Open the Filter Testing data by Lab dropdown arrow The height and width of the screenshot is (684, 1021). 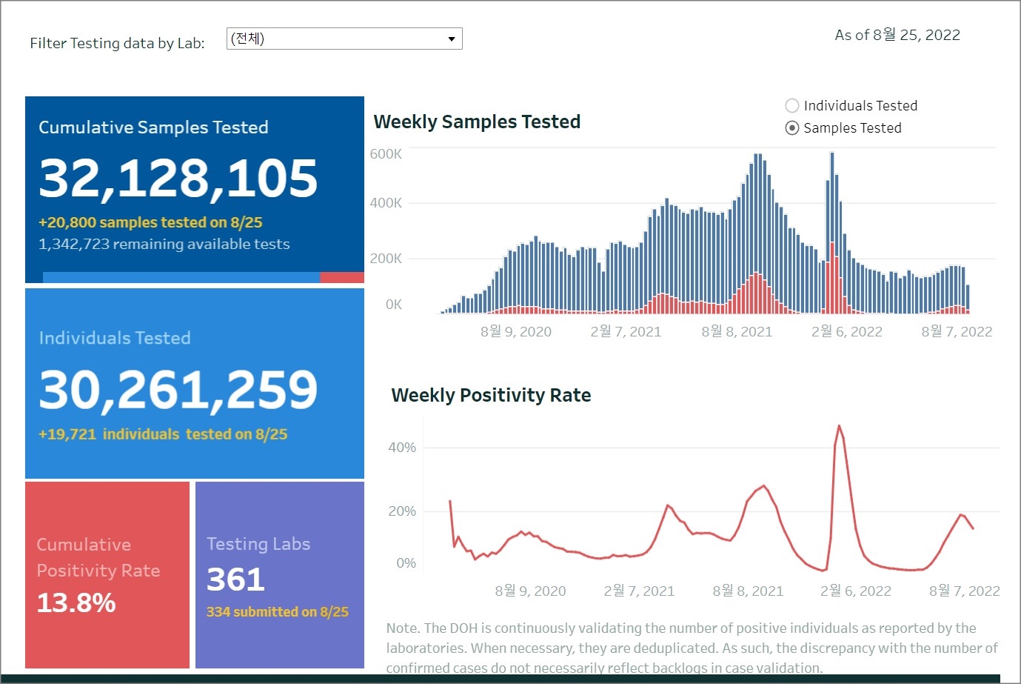click(451, 39)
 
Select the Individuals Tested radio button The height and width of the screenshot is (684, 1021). click(792, 105)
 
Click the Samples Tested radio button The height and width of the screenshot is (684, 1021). click(792, 127)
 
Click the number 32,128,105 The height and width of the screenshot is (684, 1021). click(178, 179)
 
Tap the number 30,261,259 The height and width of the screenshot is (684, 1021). click(178, 390)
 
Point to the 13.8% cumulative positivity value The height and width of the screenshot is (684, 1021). click(76, 602)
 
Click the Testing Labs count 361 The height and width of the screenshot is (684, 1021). click(235, 580)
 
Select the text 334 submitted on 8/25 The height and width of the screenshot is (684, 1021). click(277, 612)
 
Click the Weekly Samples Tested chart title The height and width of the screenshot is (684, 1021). click(477, 122)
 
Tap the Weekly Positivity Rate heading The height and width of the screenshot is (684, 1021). click(491, 395)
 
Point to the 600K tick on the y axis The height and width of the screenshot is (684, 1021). click(386, 154)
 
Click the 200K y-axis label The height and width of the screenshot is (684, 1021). click(386, 259)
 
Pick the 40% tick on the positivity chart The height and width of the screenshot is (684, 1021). click(402, 448)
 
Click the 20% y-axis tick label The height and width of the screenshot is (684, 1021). click(402, 511)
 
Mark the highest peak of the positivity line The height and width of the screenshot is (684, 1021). click(839, 426)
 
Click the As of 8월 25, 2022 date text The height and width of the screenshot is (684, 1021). click(897, 35)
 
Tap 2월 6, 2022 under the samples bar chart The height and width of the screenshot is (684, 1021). click(846, 332)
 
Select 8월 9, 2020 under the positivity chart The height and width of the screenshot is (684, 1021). click(530, 591)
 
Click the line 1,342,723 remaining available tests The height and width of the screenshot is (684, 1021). click(164, 244)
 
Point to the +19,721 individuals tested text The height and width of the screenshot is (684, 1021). click(163, 434)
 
